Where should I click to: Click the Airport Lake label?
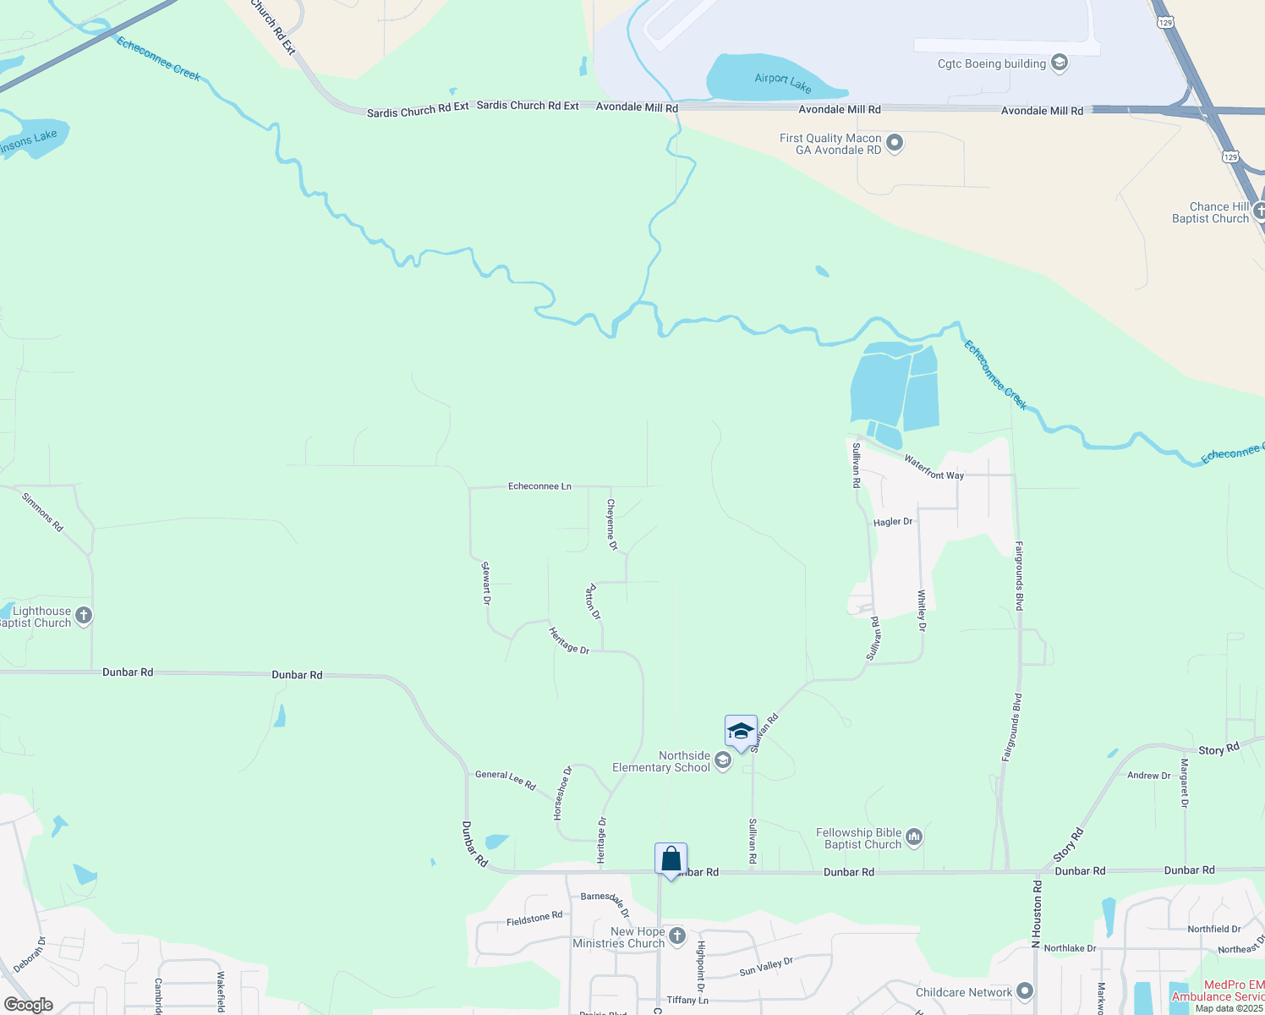pos(782,82)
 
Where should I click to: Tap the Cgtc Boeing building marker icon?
pos(1060,63)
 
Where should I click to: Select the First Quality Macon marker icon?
pos(895,144)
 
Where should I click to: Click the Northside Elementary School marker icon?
pos(722,761)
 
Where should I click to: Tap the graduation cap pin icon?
pos(741,732)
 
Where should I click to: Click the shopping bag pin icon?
pos(671,859)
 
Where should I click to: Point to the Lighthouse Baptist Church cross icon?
pos(84,616)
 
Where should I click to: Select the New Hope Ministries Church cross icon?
pos(676,936)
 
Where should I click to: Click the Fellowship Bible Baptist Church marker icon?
pos(914,837)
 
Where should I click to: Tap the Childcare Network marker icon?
pos(1025,990)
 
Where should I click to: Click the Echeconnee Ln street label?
pos(539,486)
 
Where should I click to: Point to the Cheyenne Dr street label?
pos(611,524)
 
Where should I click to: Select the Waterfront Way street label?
pos(934,467)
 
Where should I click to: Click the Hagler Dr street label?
pos(893,522)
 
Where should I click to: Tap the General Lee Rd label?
pos(506,779)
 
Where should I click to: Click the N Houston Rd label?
pos(1037,913)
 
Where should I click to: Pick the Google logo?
pos(29,1004)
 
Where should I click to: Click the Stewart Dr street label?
pos(486,583)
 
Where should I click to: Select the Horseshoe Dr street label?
pos(563,793)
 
